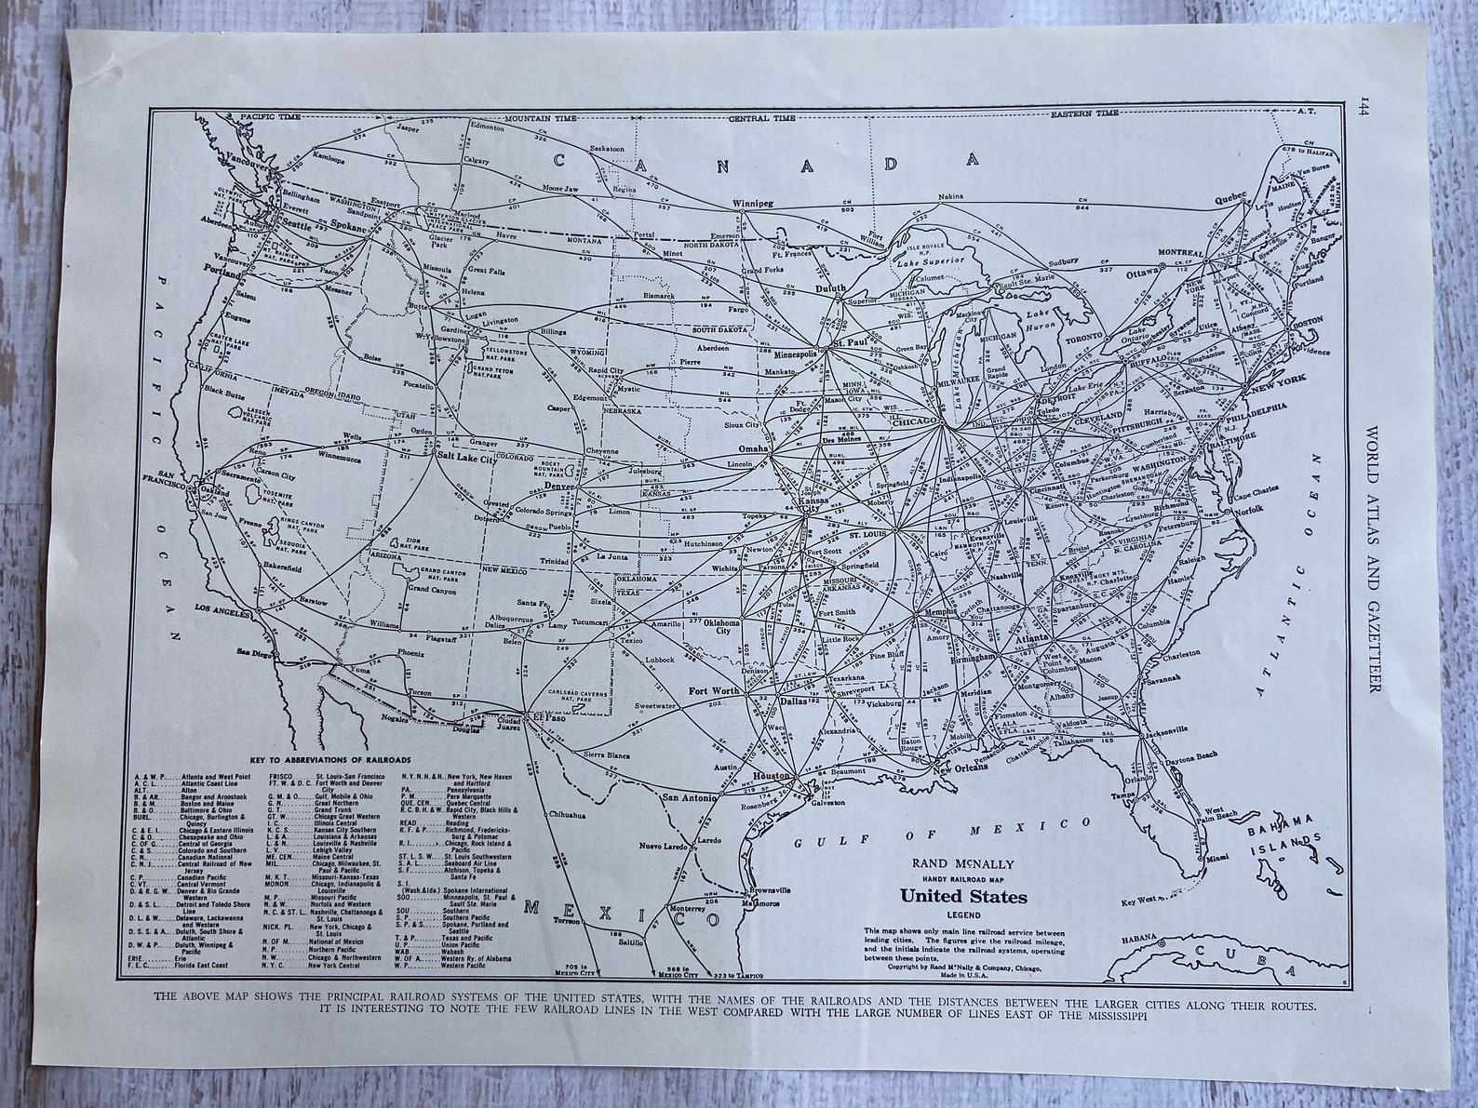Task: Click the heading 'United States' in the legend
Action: [x=962, y=898]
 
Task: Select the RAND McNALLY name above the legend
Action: [x=963, y=862]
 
